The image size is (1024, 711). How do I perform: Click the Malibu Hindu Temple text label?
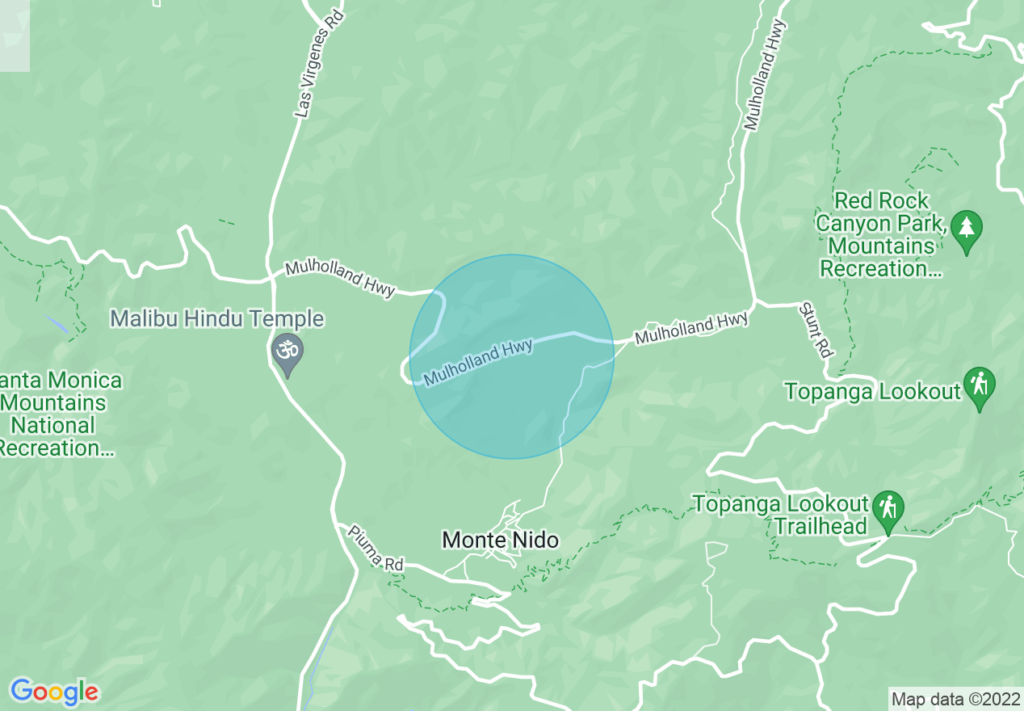click(x=216, y=318)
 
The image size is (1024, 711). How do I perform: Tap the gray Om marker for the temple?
click(x=285, y=351)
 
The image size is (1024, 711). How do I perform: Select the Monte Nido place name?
click(x=500, y=540)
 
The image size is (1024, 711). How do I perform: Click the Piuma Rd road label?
click(x=376, y=548)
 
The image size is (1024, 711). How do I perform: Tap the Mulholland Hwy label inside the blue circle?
click(x=478, y=363)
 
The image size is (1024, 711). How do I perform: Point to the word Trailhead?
click(x=820, y=526)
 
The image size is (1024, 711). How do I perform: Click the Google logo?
click(x=54, y=692)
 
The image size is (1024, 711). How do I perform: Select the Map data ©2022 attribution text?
click(x=955, y=698)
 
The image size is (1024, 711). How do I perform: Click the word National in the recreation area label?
click(x=54, y=425)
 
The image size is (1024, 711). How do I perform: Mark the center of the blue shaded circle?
click(x=512, y=357)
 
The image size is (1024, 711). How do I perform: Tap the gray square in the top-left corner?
click(x=15, y=36)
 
